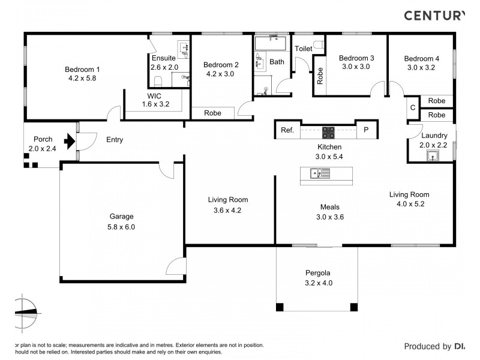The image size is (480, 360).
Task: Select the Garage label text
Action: coord(121,217)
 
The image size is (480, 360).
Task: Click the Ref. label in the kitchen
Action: coord(287,130)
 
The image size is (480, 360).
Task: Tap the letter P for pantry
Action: coord(366,130)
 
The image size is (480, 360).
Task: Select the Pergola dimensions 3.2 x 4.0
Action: coord(319,283)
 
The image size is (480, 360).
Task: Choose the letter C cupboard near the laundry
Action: coord(412,108)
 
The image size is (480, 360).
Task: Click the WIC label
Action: coord(154,95)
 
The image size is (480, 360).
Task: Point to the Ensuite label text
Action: coord(163,58)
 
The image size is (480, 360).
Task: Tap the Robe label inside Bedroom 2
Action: coord(213,113)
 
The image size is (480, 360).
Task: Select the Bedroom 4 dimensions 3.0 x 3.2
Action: coord(421,68)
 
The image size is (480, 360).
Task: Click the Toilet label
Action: coord(302,48)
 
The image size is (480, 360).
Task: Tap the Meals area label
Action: coord(330,207)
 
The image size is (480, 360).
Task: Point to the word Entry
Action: coord(115,140)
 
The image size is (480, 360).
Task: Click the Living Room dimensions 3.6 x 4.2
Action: coord(227,210)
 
